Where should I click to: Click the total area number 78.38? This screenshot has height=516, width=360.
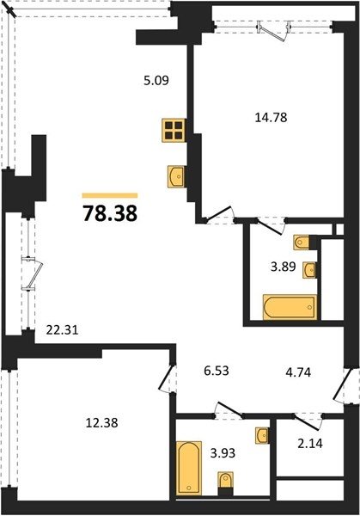[x=110, y=213]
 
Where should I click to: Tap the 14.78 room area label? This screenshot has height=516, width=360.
[x=271, y=118]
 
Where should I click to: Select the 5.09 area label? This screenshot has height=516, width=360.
[x=156, y=81]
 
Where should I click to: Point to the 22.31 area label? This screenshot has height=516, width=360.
[x=62, y=329]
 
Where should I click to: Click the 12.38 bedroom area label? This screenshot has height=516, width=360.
[x=101, y=422]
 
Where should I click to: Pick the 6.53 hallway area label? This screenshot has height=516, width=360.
[x=217, y=371]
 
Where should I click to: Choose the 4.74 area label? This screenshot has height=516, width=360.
[x=298, y=372]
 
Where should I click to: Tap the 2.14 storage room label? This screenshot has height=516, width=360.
[x=310, y=443]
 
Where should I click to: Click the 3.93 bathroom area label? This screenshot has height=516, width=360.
[x=223, y=453]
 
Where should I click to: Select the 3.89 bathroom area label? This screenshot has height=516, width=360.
[x=284, y=267]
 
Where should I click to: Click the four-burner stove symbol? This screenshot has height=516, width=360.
[x=174, y=131]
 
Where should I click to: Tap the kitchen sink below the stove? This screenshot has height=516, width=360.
[x=176, y=176]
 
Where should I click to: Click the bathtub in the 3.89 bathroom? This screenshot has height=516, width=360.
[x=290, y=307]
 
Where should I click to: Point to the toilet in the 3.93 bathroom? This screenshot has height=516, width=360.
[x=225, y=483]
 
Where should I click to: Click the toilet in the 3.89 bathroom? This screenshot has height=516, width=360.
[x=302, y=243]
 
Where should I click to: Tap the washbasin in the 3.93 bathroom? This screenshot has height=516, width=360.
[x=263, y=435]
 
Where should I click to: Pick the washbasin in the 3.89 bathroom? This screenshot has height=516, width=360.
[x=309, y=270]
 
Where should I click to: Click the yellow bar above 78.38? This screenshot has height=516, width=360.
[x=110, y=195]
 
